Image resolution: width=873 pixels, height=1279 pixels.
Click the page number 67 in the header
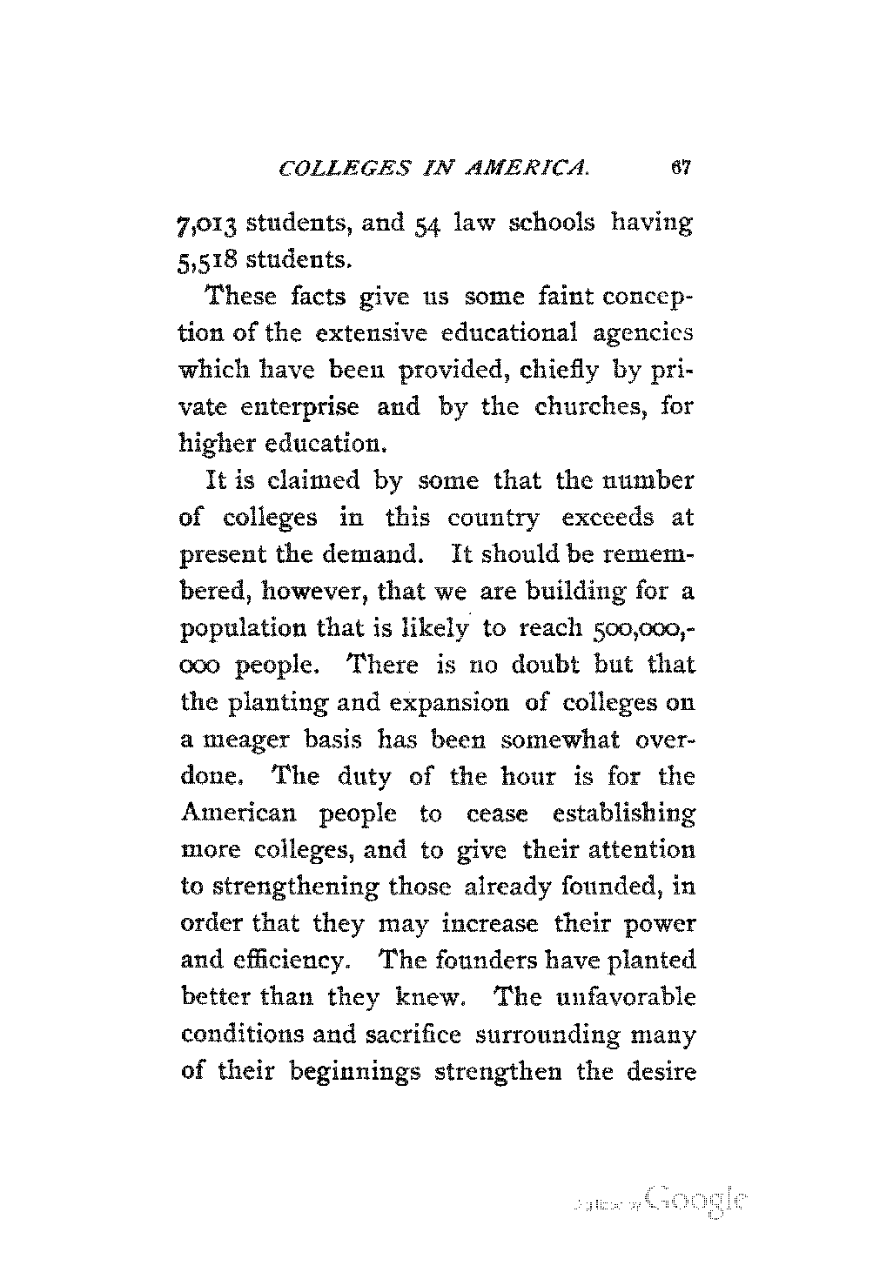680,169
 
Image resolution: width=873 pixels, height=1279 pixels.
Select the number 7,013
206,223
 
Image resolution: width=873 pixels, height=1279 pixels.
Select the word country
492,518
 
